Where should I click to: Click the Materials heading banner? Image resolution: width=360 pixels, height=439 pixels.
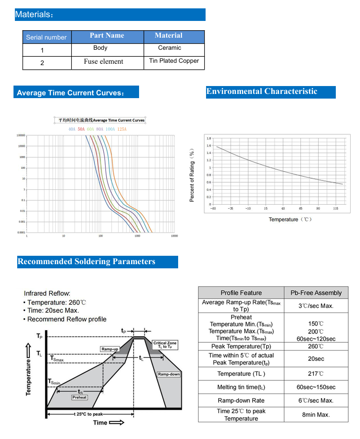pos(110,14)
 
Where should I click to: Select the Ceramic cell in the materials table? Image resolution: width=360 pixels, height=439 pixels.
pos(169,48)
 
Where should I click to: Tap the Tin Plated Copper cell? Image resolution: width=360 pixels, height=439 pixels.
pos(174,61)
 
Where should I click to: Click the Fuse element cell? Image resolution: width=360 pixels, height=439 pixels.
pos(103,61)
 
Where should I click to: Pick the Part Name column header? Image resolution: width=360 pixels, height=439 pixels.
pos(107,36)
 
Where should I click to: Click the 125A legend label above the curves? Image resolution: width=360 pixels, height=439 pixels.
pos(121,129)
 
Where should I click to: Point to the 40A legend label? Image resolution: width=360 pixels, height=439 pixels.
pos(72,129)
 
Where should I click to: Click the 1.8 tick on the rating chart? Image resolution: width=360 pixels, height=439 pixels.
pos(209,139)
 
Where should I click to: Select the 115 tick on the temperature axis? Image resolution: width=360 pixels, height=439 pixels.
pos(335,208)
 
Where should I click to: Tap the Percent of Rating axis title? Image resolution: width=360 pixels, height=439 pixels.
pos(192,175)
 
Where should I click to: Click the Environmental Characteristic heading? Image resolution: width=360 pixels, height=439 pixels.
pos(262,92)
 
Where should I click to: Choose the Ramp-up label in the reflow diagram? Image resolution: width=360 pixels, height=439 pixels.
pos(110,349)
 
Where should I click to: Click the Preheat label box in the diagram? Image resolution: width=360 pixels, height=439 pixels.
pos(80,398)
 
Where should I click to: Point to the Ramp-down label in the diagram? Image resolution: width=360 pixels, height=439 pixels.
pos(168,374)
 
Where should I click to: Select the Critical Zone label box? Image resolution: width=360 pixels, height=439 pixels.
pos(165,345)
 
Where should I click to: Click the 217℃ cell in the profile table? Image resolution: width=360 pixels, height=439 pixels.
pos(316,374)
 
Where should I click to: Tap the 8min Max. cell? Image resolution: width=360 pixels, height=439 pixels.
pos(316,414)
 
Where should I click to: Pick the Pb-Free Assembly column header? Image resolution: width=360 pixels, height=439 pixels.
pos(316,293)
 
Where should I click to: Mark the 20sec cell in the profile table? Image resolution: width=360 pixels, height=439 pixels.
pos(316,359)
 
